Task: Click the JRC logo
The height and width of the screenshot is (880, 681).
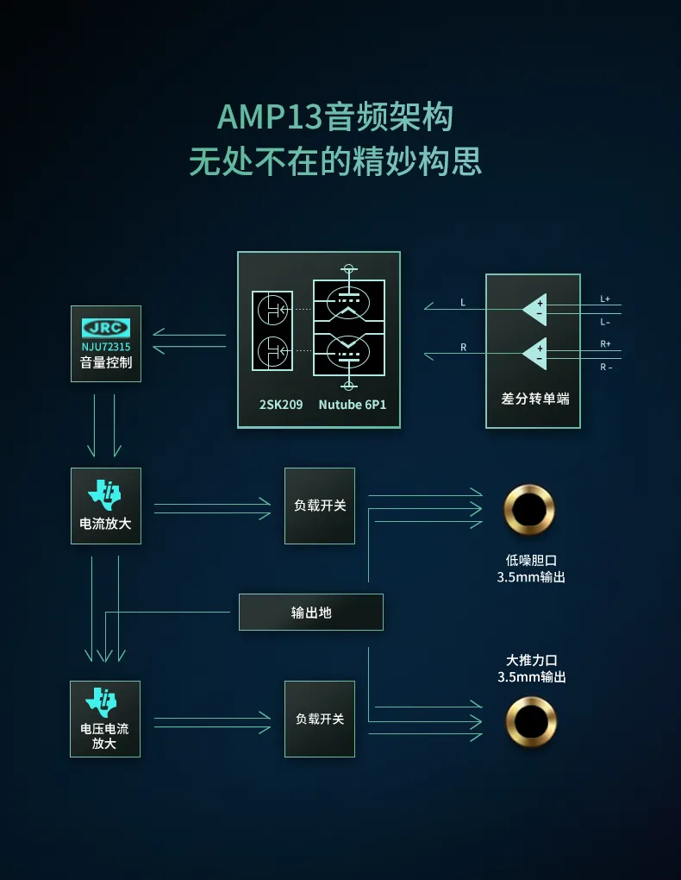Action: (x=106, y=328)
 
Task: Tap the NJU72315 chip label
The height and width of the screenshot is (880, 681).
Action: (x=106, y=347)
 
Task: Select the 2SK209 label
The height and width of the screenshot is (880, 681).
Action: (x=280, y=405)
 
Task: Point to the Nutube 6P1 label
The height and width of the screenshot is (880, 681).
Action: (x=353, y=405)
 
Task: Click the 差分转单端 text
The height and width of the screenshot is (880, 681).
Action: (x=535, y=399)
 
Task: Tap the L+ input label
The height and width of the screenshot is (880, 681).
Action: (x=605, y=299)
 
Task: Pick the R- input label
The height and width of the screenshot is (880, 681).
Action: (x=606, y=367)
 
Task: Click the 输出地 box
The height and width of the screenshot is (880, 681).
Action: (x=311, y=613)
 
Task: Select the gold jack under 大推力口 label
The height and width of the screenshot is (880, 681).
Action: (x=531, y=722)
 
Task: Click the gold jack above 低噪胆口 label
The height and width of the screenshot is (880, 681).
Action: (x=529, y=510)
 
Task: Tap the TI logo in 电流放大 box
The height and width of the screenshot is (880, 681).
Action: (x=104, y=494)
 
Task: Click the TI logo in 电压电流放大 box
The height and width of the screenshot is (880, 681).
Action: (x=102, y=702)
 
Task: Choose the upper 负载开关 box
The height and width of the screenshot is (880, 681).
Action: (x=320, y=506)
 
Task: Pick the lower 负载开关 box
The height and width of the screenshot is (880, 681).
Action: (x=320, y=719)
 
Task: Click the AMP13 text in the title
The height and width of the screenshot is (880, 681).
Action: (x=270, y=117)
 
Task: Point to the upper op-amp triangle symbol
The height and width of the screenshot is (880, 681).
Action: (x=534, y=309)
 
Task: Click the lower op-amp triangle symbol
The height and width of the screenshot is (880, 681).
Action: (x=534, y=354)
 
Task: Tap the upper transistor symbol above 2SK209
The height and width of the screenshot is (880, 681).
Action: (x=272, y=309)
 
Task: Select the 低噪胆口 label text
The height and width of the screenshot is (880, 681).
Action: (x=531, y=560)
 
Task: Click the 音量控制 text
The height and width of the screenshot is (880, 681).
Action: (x=106, y=362)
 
